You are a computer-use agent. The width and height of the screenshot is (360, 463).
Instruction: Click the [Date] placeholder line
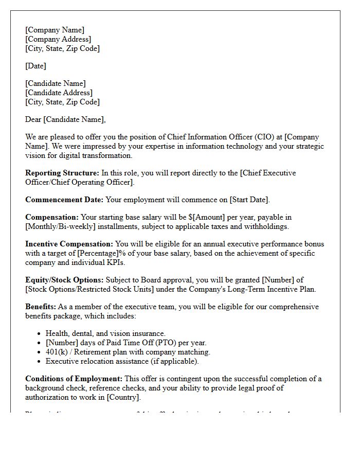(x=35, y=66)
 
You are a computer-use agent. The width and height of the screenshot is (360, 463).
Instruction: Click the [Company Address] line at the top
(x=58, y=39)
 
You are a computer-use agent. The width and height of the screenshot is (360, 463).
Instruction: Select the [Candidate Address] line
(x=59, y=93)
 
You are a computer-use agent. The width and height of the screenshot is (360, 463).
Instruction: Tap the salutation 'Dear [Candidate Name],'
(x=65, y=119)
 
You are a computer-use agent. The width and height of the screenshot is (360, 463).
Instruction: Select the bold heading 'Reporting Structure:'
(x=62, y=173)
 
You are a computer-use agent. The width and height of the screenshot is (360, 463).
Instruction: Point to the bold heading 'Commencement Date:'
(x=64, y=200)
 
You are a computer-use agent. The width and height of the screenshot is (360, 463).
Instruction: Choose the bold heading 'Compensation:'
(x=52, y=217)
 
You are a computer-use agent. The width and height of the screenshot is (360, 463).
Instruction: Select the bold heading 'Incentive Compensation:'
(x=69, y=244)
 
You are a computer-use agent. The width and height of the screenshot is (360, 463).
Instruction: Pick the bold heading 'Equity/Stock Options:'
(x=64, y=280)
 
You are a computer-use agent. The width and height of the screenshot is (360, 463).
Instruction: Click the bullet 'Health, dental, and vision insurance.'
(x=105, y=333)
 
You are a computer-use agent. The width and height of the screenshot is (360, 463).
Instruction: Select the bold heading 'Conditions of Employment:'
(x=74, y=379)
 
